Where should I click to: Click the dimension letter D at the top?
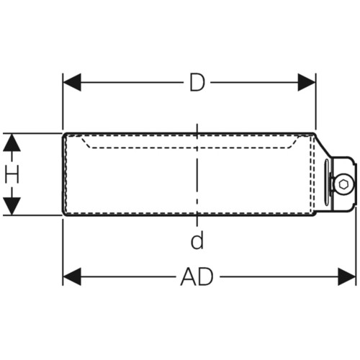[x=197, y=82]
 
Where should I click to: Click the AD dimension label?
[x=197, y=276]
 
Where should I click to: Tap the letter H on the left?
[x=12, y=174]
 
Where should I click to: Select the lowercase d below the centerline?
[x=197, y=240]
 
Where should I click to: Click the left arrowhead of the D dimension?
[x=72, y=82]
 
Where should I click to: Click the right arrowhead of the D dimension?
[x=307, y=82]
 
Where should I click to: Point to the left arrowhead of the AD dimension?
[x=72, y=276]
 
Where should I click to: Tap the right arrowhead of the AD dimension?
[x=347, y=276]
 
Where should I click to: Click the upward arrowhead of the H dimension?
[x=12, y=143]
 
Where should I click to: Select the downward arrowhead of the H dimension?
[x=12, y=206]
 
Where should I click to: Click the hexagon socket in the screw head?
[x=343, y=184]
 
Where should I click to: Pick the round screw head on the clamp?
[x=343, y=184]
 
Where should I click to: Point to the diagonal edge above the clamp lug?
[x=323, y=145]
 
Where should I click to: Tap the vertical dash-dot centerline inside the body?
[x=197, y=175]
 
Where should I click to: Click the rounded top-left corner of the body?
[x=65, y=135]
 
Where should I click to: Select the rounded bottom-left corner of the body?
[x=65, y=214]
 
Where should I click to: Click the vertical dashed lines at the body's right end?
[x=312, y=175]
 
